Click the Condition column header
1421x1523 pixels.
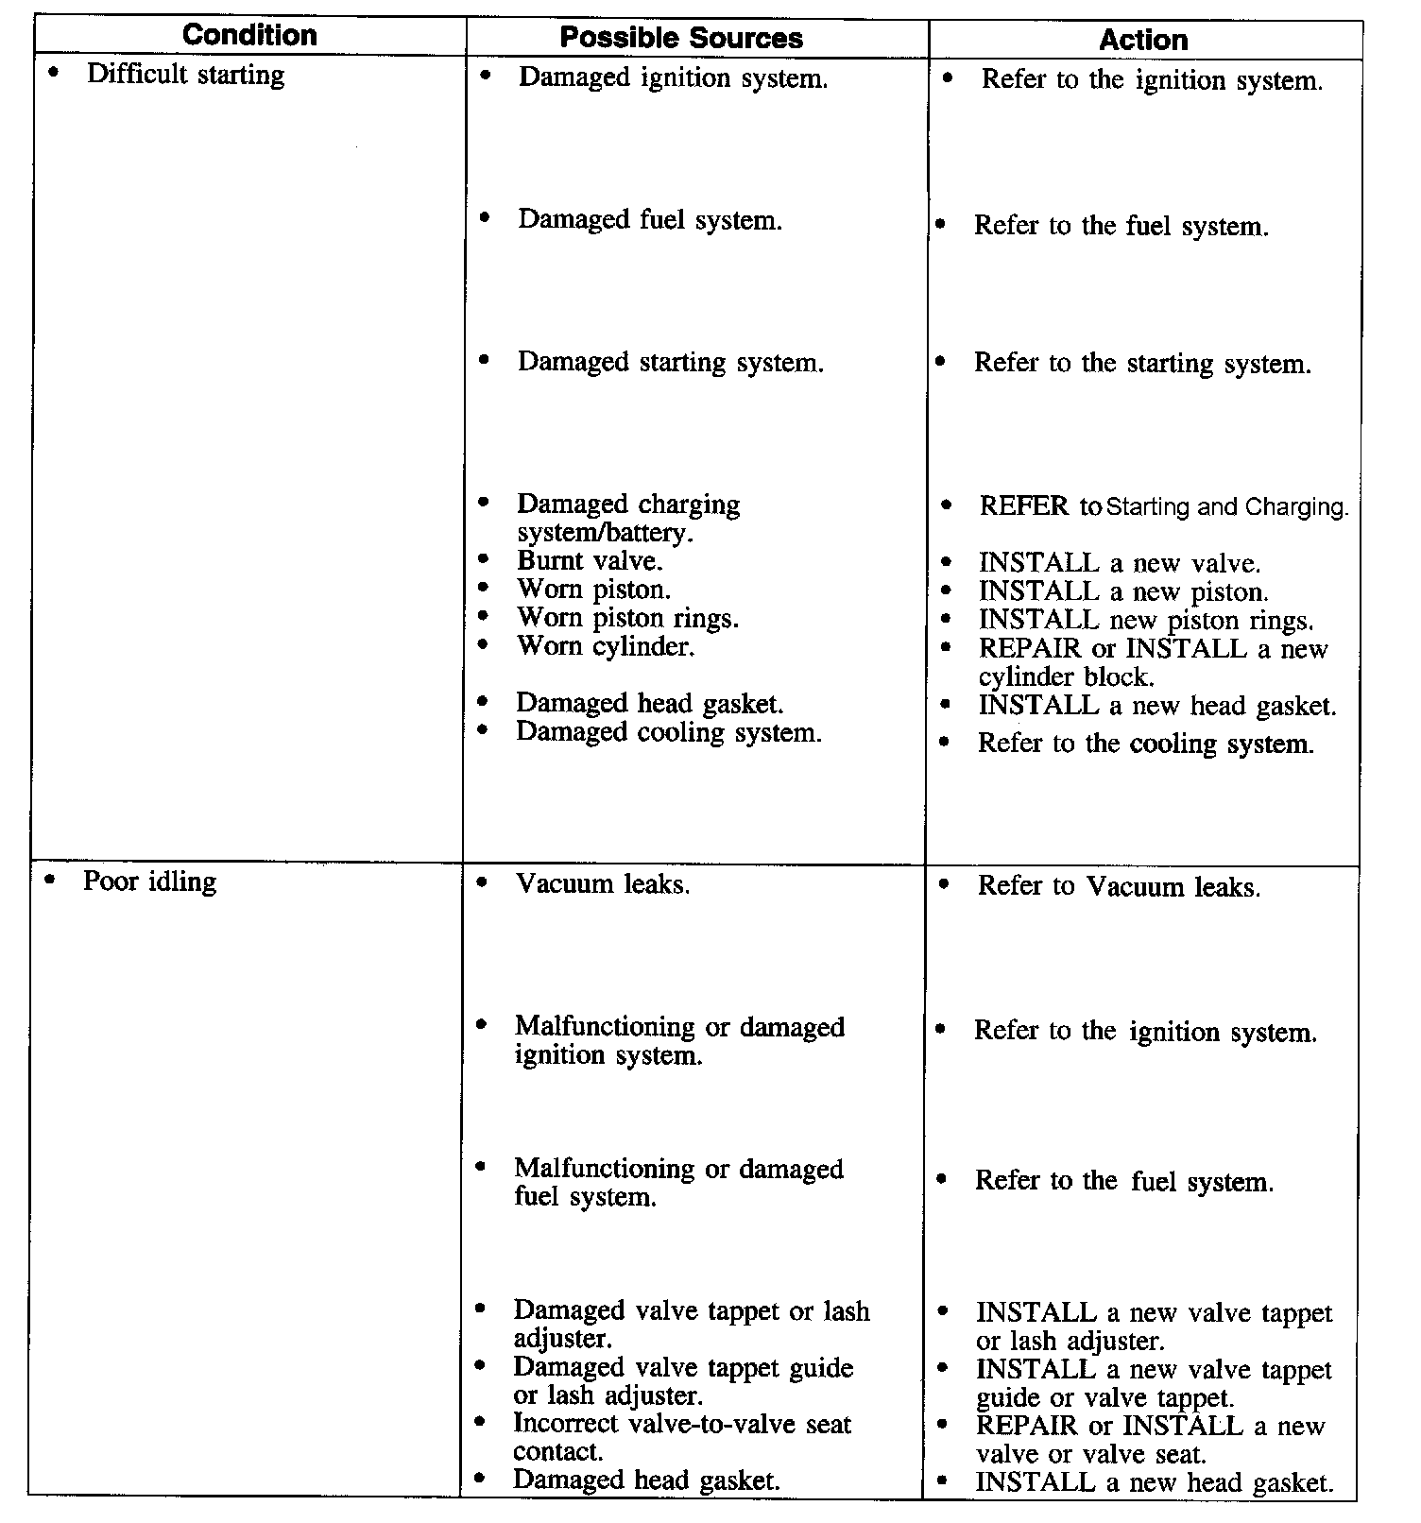[x=249, y=36]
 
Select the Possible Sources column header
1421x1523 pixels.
[x=680, y=38]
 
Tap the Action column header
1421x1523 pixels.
[x=1143, y=40]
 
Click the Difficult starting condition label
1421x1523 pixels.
[x=185, y=75]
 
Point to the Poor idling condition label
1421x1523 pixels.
[x=149, y=881]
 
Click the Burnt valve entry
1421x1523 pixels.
[x=590, y=561]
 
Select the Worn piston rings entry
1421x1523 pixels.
[x=627, y=618]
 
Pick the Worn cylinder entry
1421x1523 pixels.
[x=606, y=646]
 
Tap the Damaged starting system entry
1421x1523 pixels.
[x=670, y=362]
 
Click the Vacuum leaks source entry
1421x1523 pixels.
[x=602, y=884]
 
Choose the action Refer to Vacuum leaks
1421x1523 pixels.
[x=1119, y=886]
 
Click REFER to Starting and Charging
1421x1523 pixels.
[x=1163, y=506]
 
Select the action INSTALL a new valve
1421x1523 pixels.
[x=1120, y=563]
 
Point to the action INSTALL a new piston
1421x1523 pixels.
[x=1123, y=591]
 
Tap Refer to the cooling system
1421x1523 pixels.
[x=1145, y=744]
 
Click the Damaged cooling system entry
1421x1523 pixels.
[x=668, y=732]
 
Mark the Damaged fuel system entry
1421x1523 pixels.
[x=650, y=220]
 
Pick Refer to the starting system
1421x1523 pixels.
[x=1142, y=364]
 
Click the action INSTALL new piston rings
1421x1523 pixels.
[x=1146, y=620]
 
